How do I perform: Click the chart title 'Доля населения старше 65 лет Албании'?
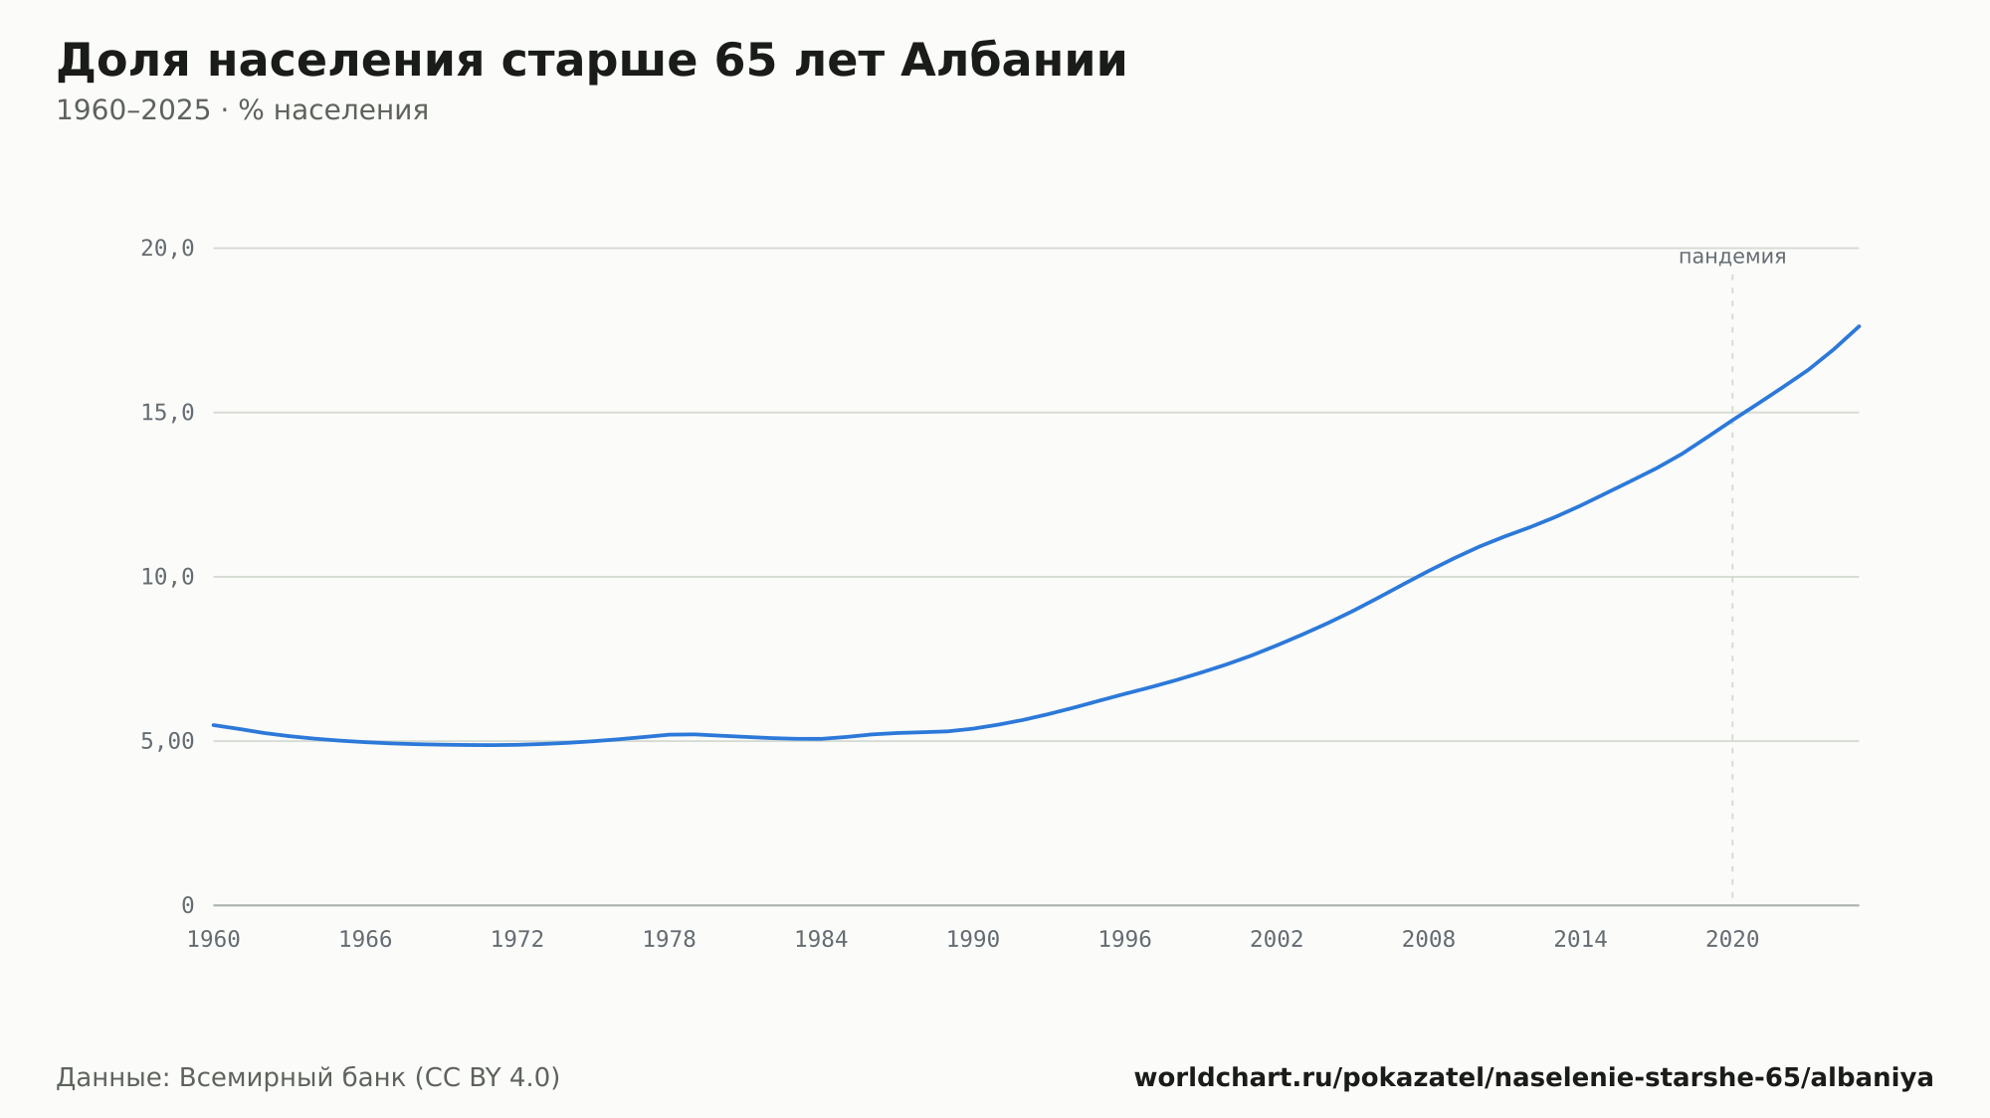[x=592, y=61]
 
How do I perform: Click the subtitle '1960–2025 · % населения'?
[x=242, y=110]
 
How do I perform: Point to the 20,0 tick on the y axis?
[x=167, y=249]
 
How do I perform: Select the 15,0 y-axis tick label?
[x=167, y=413]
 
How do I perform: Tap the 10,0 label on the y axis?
[x=167, y=577]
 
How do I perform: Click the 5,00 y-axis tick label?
[x=167, y=741]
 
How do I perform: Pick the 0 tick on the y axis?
[x=188, y=905]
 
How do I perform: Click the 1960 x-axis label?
[x=214, y=940]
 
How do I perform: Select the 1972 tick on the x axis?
[x=517, y=940]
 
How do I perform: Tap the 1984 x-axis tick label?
[x=821, y=940]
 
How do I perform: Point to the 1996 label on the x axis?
[x=1124, y=940]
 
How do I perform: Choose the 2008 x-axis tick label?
[x=1429, y=940]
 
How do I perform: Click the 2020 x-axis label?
[x=1732, y=940]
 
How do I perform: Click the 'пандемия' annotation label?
[x=1732, y=257]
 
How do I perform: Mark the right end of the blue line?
[x=1859, y=326]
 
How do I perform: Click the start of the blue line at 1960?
[x=214, y=725]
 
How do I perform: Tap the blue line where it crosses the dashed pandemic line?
[x=1732, y=420]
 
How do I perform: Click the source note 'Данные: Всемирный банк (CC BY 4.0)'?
[x=308, y=1077]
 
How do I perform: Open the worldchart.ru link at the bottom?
[x=1533, y=1077]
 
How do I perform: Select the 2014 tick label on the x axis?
[x=1580, y=940]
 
